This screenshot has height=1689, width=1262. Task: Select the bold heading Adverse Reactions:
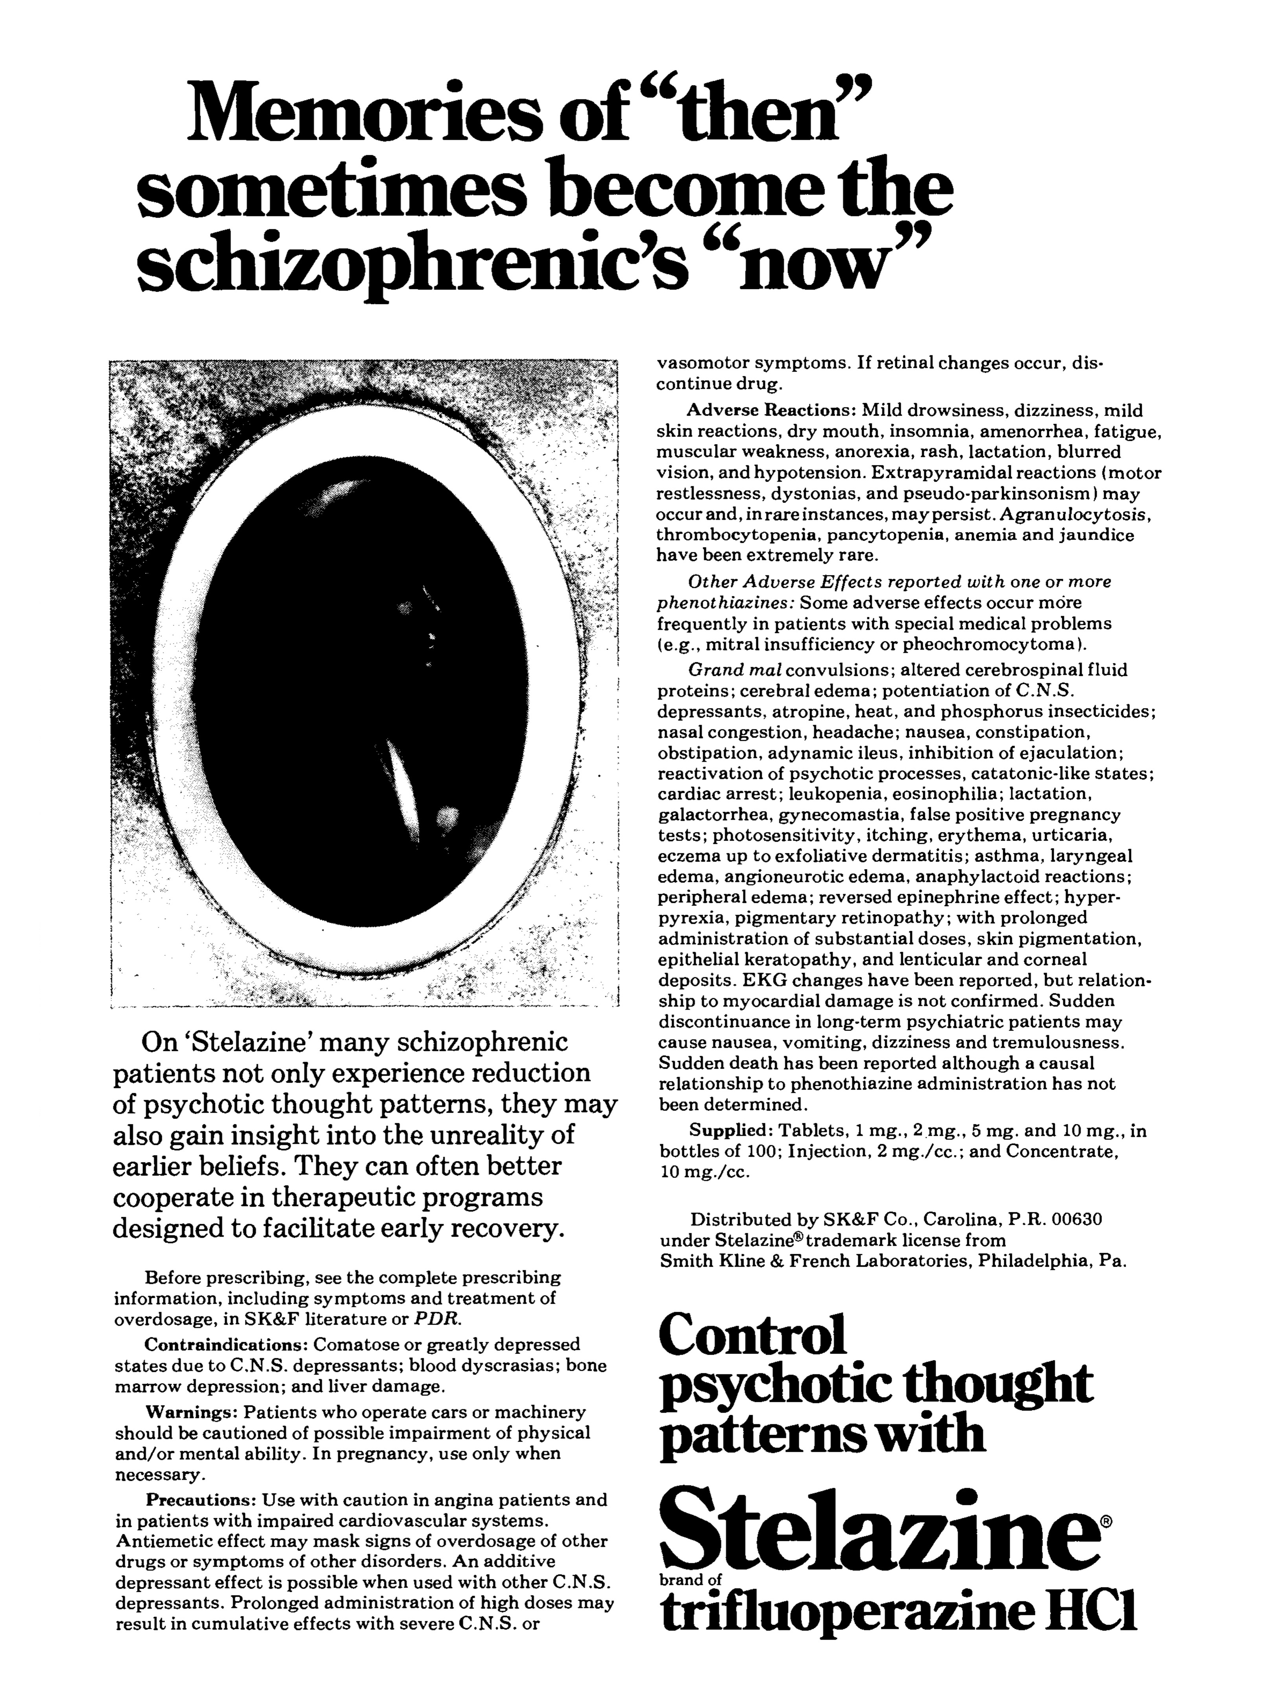click(772, 411)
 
